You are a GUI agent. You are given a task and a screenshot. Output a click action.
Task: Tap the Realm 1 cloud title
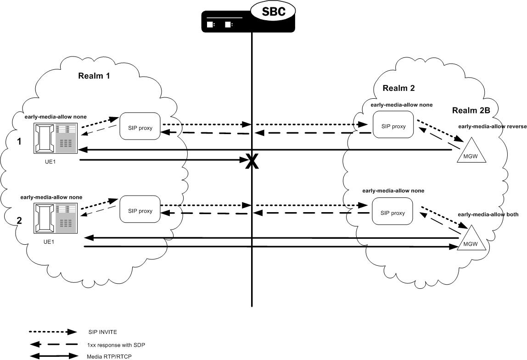coord(94,76)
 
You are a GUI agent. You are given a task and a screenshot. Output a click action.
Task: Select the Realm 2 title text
coord(398,88)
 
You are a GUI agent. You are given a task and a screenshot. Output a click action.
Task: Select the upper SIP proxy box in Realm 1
coord(140,126)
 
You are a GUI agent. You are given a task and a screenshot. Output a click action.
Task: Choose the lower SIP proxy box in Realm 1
coord(140,211)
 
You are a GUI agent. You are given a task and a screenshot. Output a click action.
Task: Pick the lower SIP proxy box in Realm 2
coord(392,213)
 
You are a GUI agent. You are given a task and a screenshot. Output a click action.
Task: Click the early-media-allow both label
coord(488,214)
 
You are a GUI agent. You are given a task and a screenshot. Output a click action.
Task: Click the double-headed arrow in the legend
coord(54,356)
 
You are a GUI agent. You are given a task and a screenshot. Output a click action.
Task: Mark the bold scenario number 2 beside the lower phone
coord(19,221)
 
